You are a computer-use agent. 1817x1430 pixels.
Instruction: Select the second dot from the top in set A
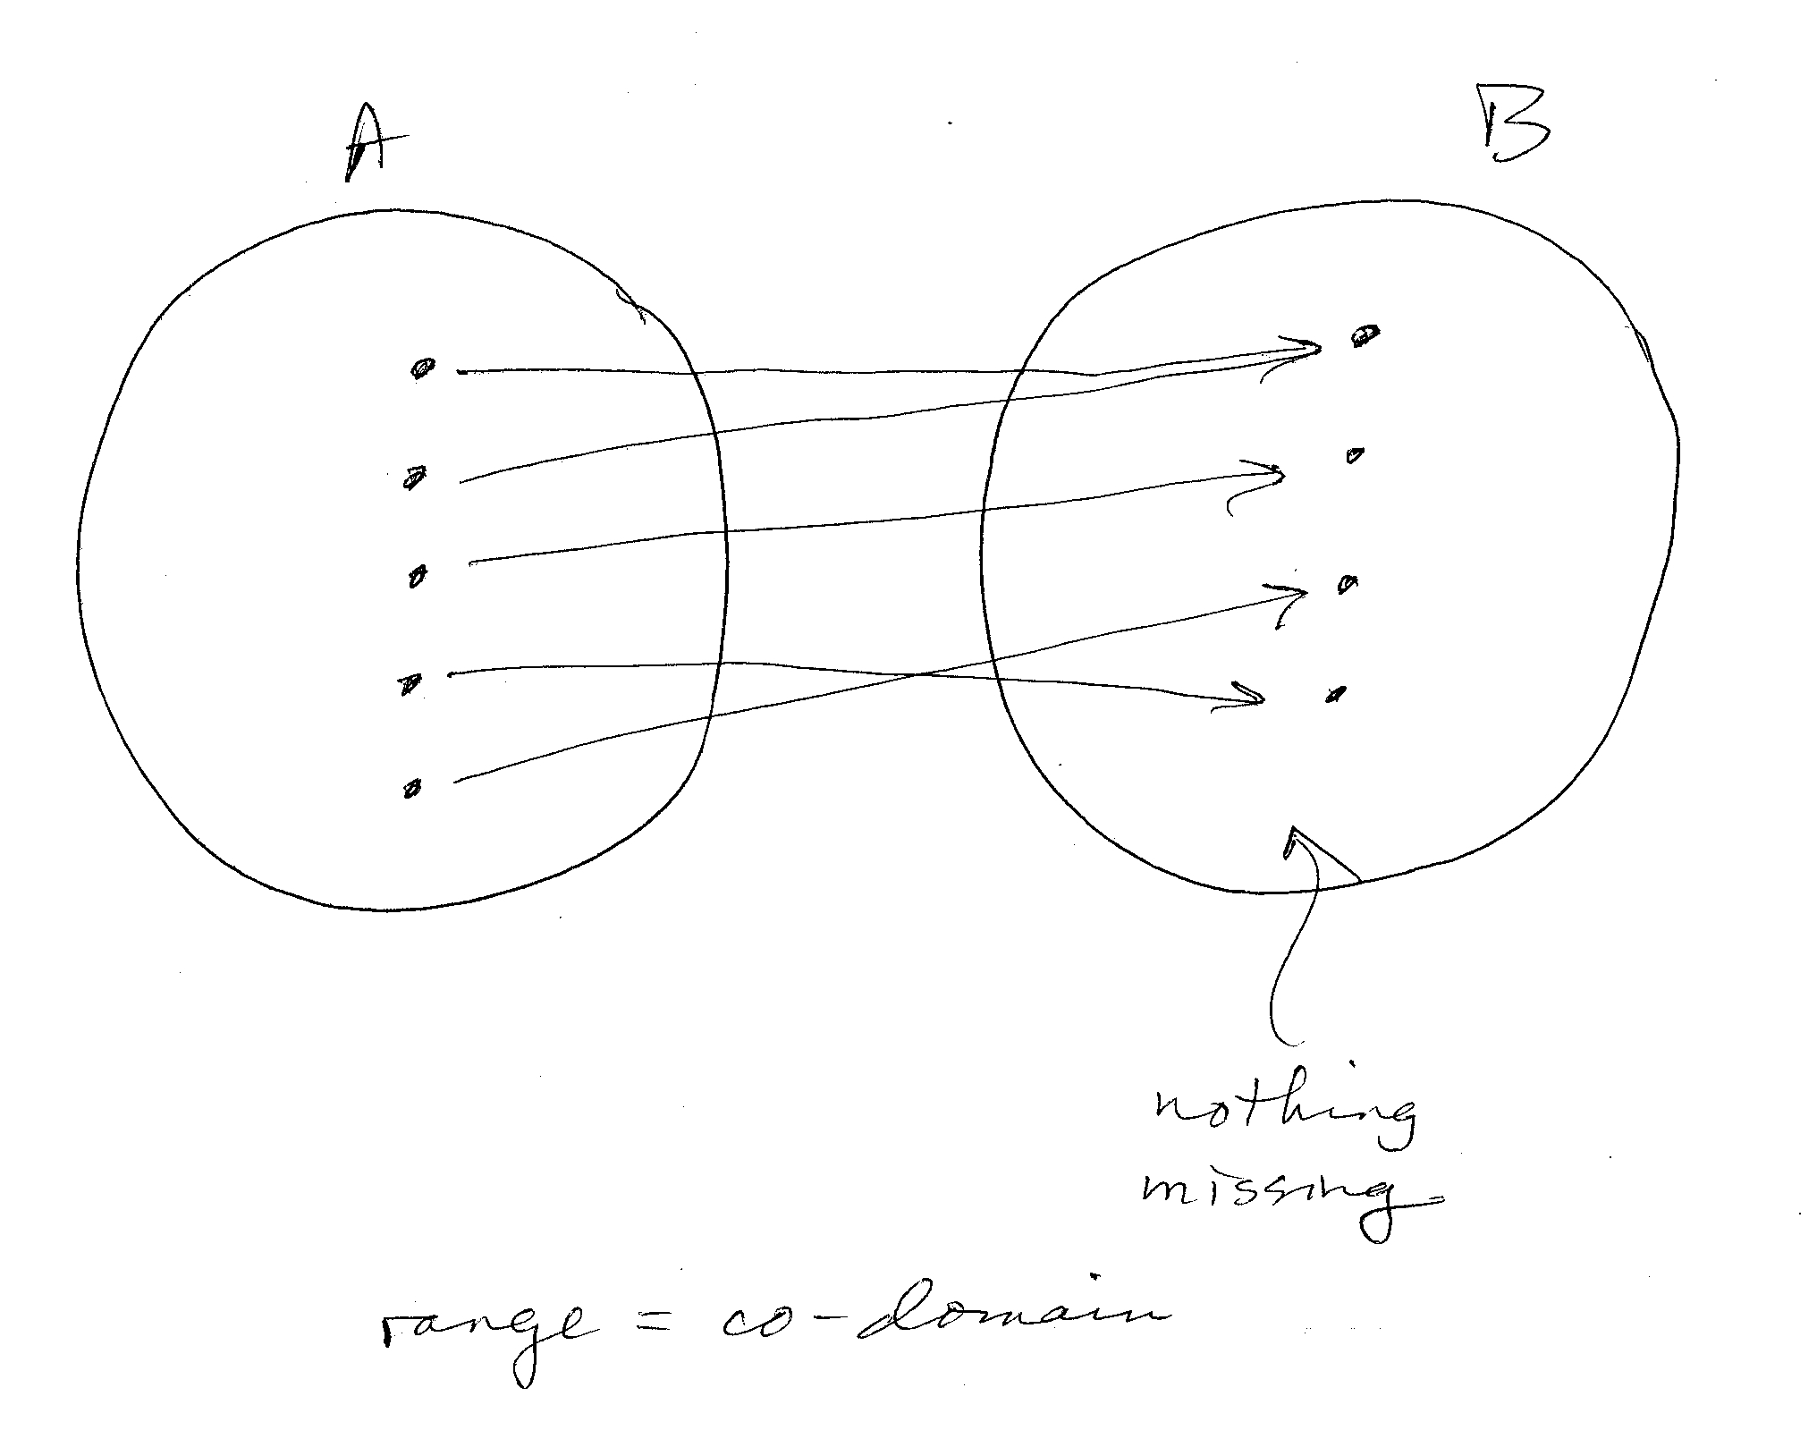(414, 478)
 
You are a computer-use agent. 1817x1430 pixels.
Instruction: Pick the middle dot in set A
(417, 577)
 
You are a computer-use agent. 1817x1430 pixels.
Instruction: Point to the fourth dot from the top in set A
(410, 685)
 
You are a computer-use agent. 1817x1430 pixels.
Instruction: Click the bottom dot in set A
(412, 789)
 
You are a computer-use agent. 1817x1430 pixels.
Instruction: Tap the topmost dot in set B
(1365, 336)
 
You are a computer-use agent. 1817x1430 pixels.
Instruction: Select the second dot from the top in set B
(1356, 456)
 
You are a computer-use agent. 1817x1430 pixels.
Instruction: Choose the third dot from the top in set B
(1347, 585)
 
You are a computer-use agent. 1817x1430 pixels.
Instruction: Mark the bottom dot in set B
(1336, 693)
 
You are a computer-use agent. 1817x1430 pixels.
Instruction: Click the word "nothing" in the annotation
(1282, 1113)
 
